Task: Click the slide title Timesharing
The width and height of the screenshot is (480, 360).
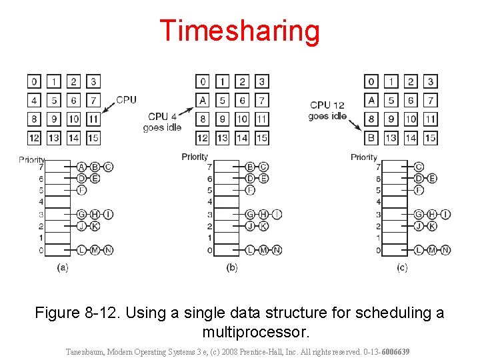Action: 240,31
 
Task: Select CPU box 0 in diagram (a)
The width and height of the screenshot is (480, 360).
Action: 33,82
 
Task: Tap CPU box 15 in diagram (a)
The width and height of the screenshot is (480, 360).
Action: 93,138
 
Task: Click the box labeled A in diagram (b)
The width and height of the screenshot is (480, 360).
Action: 203,101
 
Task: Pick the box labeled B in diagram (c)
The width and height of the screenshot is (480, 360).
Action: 371,138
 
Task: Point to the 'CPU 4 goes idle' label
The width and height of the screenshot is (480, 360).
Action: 162,122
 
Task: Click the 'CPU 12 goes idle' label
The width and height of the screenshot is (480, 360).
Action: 327,110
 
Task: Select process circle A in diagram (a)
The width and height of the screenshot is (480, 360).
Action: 81,167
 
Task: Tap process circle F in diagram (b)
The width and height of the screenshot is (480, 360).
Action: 250,190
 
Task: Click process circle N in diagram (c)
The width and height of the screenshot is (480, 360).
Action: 445,250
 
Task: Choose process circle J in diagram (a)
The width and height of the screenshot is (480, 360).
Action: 81,226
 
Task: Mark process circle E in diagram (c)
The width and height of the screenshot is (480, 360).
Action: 432,178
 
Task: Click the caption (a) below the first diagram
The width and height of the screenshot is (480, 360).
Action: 63,268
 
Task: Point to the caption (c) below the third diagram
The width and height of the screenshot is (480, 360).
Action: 401,268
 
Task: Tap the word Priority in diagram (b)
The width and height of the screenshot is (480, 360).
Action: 195,157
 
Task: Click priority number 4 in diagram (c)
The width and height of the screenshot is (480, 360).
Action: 378,202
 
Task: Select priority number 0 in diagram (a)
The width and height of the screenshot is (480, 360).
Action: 41,250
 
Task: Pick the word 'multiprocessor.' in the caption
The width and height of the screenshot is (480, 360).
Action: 255,331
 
